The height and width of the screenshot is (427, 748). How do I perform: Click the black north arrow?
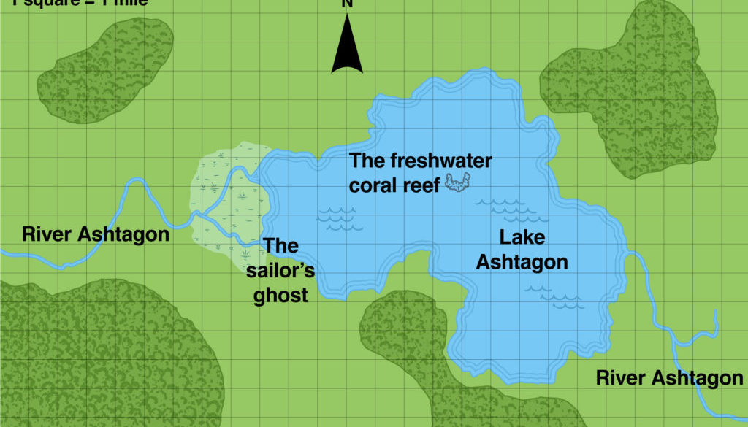347,47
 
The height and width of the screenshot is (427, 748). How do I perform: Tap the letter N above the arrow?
348,4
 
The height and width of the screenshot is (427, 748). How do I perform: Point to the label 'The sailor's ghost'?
280,271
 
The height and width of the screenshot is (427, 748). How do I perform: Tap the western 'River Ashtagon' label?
96,234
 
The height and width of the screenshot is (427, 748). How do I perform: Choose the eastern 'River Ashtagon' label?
669,377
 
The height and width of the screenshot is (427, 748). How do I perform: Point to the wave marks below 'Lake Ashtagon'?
555,295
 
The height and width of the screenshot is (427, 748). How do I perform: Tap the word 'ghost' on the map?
280,296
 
